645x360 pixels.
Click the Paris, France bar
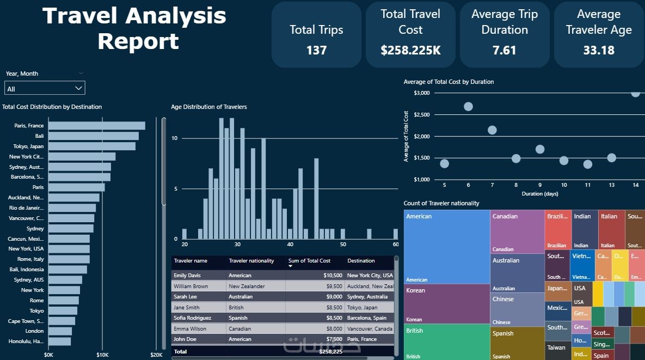[x=96, y=126]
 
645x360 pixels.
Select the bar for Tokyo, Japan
[x=91, y=147]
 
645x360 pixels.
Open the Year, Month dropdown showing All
[x=45, y=89]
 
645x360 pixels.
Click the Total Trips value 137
[x=316, y=51]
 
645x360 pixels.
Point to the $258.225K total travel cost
[x=410, y=51]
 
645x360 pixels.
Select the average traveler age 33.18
[x=599, y=51]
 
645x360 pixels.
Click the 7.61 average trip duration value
[x=505, y=51]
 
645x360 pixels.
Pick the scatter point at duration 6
[x=468, y=106]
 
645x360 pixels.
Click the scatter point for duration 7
[x=492, y=130]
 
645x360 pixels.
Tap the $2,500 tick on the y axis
[x=422, y=114]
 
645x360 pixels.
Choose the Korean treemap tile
[x=446, y=303]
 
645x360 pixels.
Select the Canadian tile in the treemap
[x=517, y=232]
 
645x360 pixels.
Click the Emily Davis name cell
[x=187, y=276]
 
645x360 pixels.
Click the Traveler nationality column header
[x=251, y=261]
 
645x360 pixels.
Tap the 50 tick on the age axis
[x=343, y=245]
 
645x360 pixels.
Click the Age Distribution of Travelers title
[x=208, y=107]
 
